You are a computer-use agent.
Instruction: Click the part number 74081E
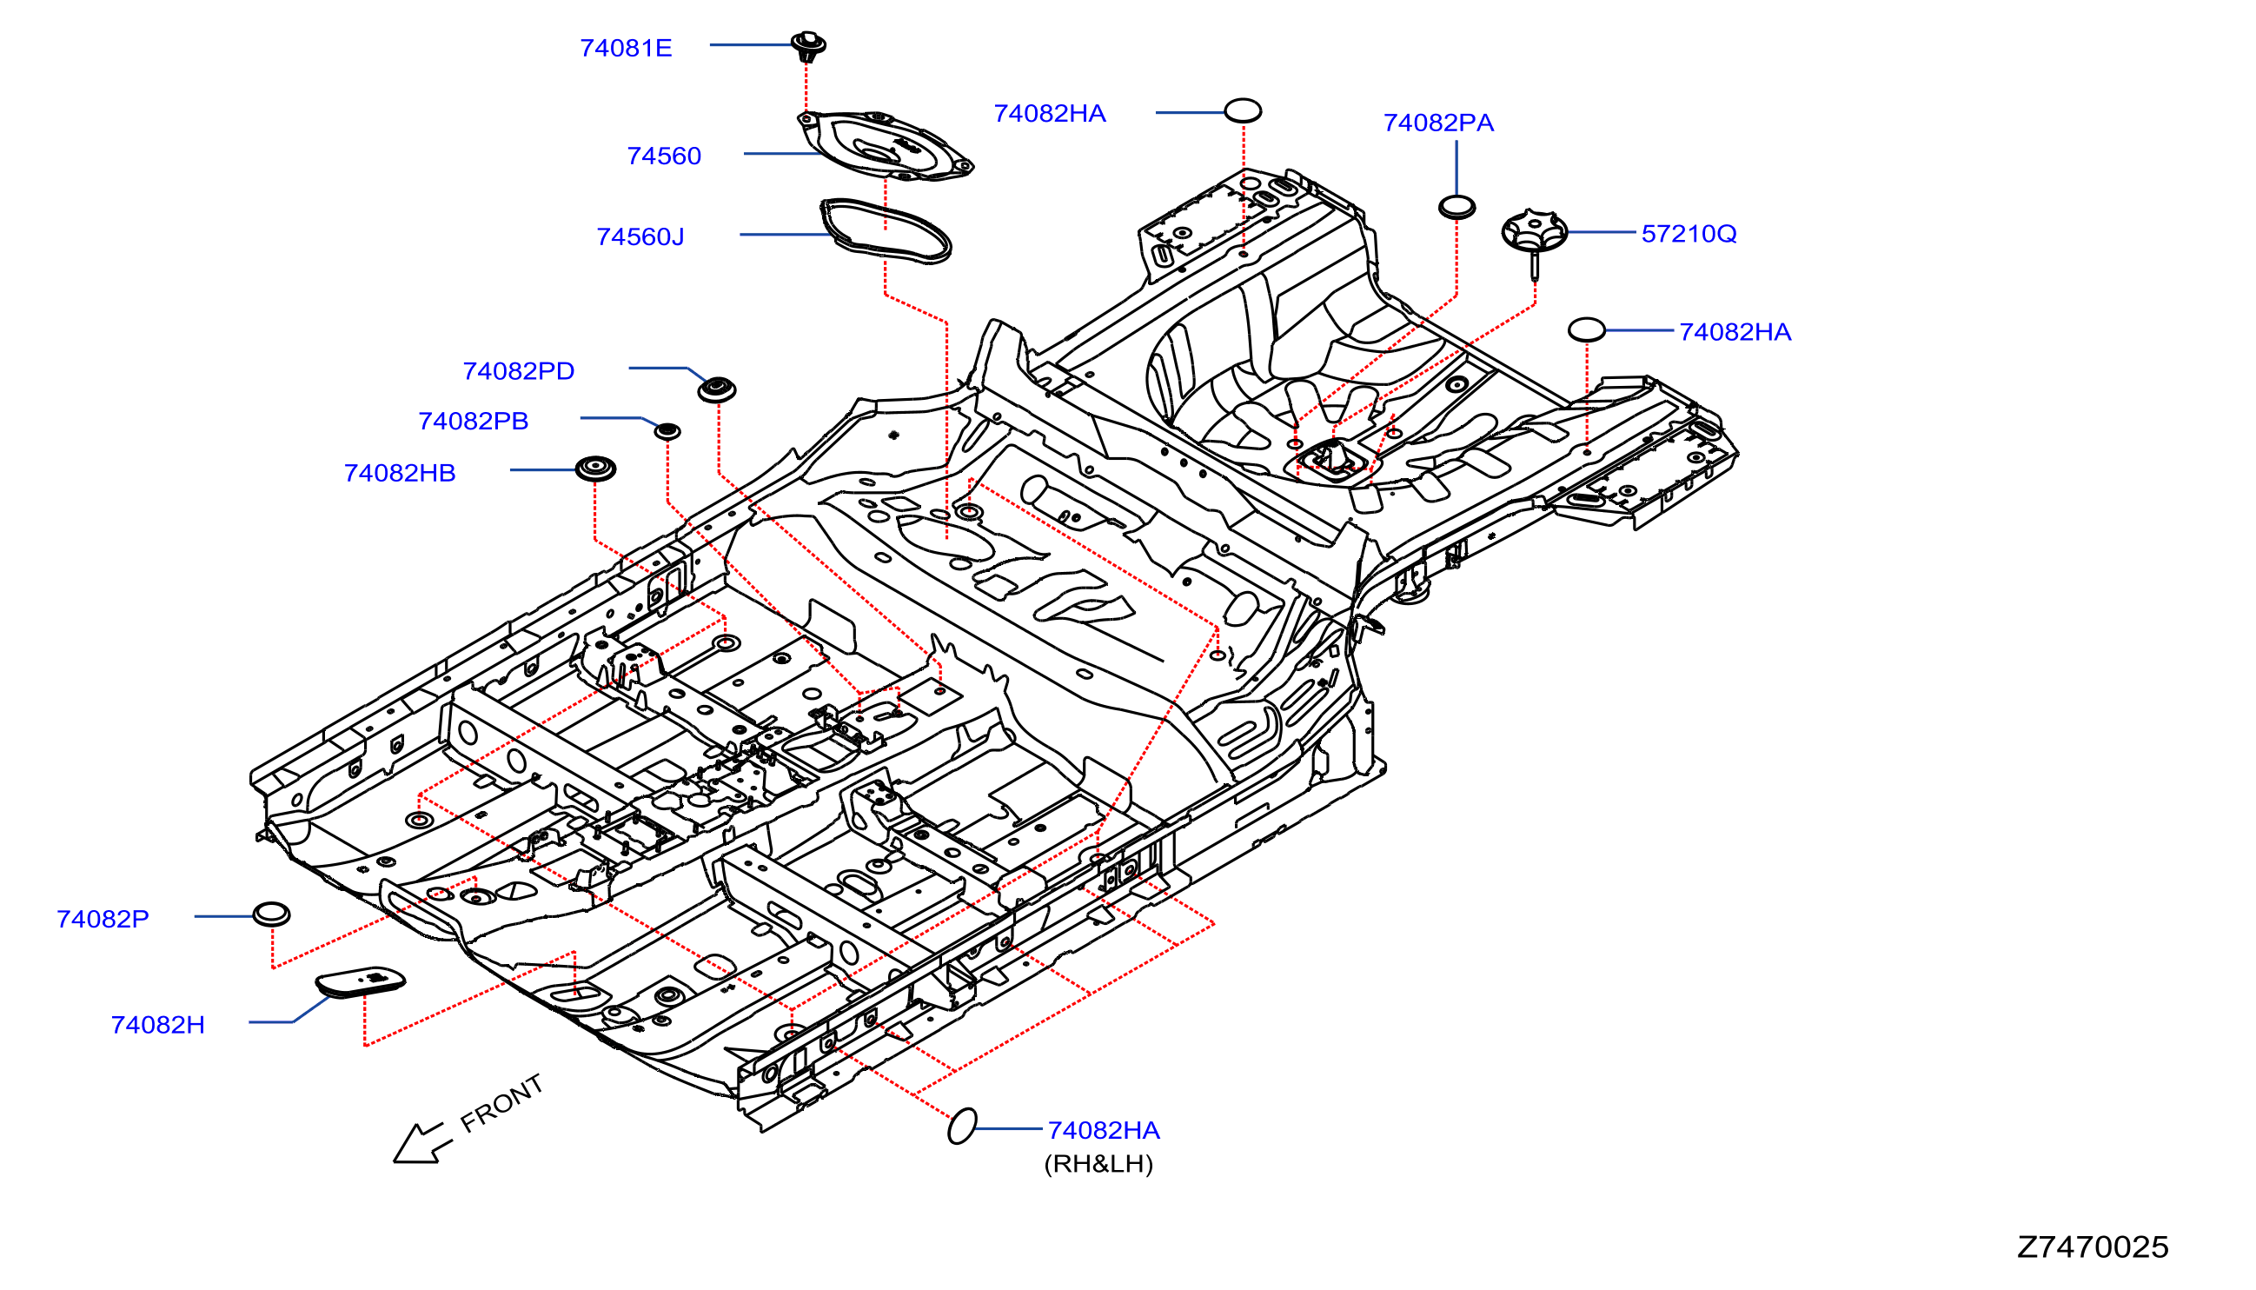[626, 48]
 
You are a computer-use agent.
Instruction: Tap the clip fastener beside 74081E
[807, 46]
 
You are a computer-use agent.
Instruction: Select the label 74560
[663, 156]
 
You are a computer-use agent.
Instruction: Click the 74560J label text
[640, 236]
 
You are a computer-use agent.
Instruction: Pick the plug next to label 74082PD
[717, 389]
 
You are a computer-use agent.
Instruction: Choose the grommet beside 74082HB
[595, 469]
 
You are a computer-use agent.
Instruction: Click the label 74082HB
[400, 473]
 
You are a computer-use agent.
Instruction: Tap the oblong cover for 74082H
[361, 981]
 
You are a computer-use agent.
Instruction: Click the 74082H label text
[157, 1025]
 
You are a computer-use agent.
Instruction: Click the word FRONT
[501, 1103]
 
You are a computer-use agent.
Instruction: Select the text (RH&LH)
[1098, 1164]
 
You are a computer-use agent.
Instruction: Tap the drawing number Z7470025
[2092, 1247]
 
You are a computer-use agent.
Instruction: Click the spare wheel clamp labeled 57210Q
[1534, 239]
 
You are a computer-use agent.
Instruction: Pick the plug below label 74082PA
[1457, 207]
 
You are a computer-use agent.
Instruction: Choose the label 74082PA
[1438, 123]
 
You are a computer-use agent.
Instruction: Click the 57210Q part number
[1689, 234]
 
